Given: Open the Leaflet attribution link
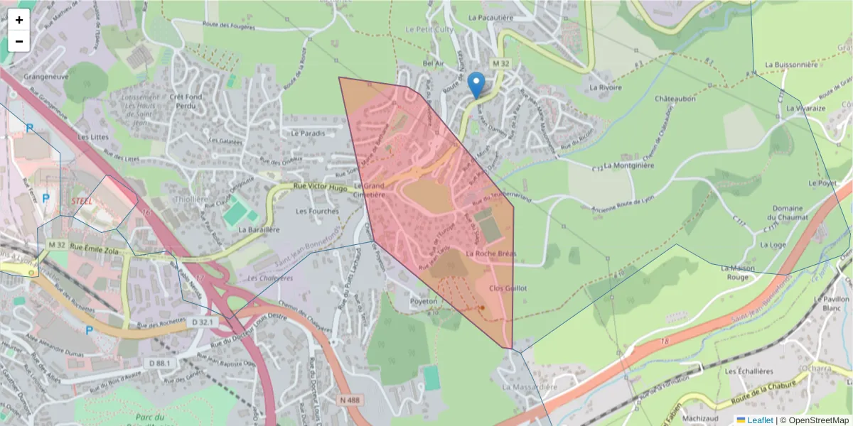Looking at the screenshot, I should [760, 420].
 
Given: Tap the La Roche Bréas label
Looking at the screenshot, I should [491, 253].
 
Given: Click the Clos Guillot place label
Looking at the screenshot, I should [508, 288].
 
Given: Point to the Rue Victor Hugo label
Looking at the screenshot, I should [320, 187].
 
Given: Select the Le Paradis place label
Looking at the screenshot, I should [308, 133].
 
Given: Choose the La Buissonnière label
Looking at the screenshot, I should [792, 64].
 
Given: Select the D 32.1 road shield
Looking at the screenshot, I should [200, 322].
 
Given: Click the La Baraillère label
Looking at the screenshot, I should [259, 230].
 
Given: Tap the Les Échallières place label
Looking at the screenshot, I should [749, 371].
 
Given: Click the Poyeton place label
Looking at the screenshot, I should [423, 301].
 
